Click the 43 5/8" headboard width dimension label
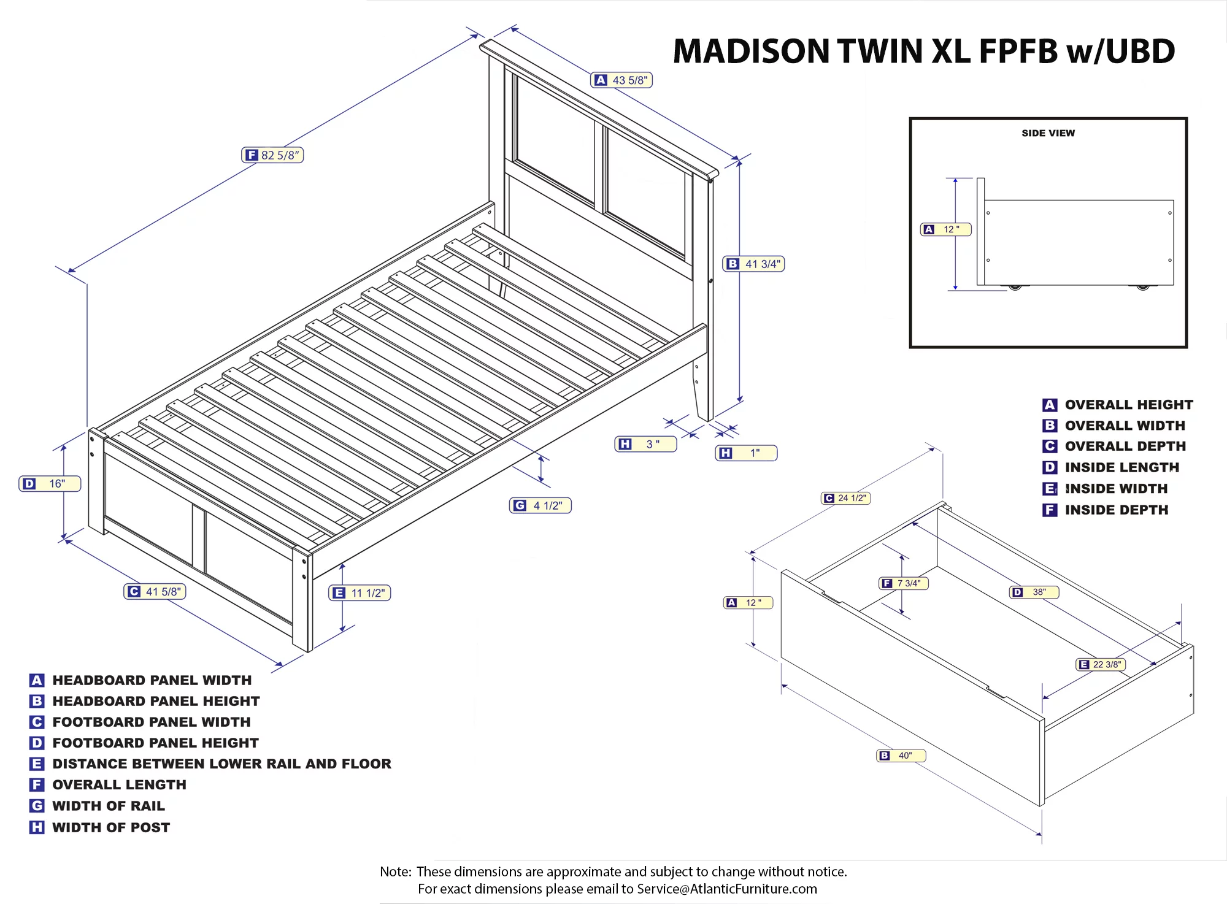(x=621, y=80)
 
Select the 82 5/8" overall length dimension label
(x=272, y=155)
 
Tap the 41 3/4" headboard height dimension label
(x=754, y=264)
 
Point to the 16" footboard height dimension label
(x=50, y=484)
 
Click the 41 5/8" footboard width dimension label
(x=155, y=592)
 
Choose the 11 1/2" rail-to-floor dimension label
(x=360, y=593)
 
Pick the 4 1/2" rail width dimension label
(x=540, y=506)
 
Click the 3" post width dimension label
(x=645, y=444)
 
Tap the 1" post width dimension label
(x=746, y=453)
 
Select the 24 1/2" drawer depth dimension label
(x=845, y=498)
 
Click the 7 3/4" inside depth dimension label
(x=903, y=583)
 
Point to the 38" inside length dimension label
(x=1034, y=592)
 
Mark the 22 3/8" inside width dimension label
(x=1101, y=664)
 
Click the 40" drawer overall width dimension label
(x=901, y=756)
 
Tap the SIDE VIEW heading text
(x=1048, y=133)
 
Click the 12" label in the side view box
(x=945, y=229)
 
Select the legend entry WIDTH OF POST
(x=111, y=827)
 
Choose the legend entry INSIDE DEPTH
(x=1116, y=510)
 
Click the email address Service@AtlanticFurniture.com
(x=727, y=889)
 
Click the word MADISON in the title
(x=751, y=52)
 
